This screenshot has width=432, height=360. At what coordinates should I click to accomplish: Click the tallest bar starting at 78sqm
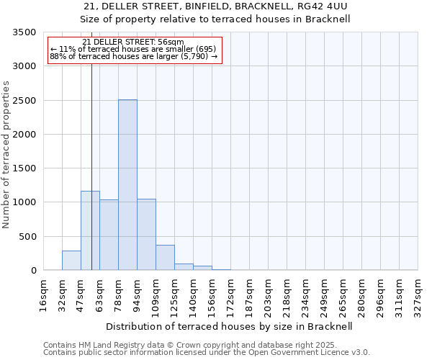point(127,185)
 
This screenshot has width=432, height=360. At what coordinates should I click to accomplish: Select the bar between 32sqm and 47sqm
point(71,261)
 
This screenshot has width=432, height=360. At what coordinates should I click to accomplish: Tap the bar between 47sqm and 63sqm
point(90,230)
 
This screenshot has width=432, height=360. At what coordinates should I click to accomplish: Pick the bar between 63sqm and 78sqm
point(109,235)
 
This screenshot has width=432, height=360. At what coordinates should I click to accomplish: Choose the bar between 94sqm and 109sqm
point(146,235)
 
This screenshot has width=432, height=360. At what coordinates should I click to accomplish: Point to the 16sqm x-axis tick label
point(44,294)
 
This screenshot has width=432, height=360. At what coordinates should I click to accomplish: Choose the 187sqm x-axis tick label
point(250,294)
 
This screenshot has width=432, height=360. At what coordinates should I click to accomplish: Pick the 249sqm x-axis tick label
point(325,294)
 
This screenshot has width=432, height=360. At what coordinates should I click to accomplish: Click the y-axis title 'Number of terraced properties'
point(6,154)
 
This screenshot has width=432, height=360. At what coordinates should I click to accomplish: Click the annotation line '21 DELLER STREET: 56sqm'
point(133,42)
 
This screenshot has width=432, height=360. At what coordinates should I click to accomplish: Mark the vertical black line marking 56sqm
point(92,166)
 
